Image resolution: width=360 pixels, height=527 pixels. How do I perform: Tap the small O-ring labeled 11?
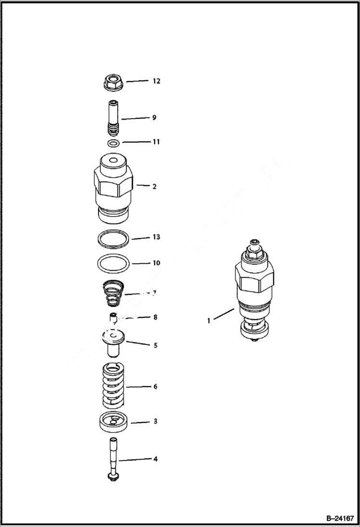[x=113, y=143]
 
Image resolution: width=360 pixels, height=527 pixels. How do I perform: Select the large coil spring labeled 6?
[x=113, y=386]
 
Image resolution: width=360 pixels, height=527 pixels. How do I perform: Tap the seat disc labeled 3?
[x=113, y=423]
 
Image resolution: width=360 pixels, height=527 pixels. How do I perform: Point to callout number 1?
[x=209, y=321]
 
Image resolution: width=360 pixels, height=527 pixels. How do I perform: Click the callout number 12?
[x=156, y=81]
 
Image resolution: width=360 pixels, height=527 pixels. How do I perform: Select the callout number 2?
[x=154, y=186]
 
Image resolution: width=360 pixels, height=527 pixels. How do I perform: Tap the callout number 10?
[x=156, y=263]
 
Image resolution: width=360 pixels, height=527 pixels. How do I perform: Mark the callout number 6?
[x=155, y=386]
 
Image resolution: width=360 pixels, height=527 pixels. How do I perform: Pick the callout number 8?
[x=155, y=317]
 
